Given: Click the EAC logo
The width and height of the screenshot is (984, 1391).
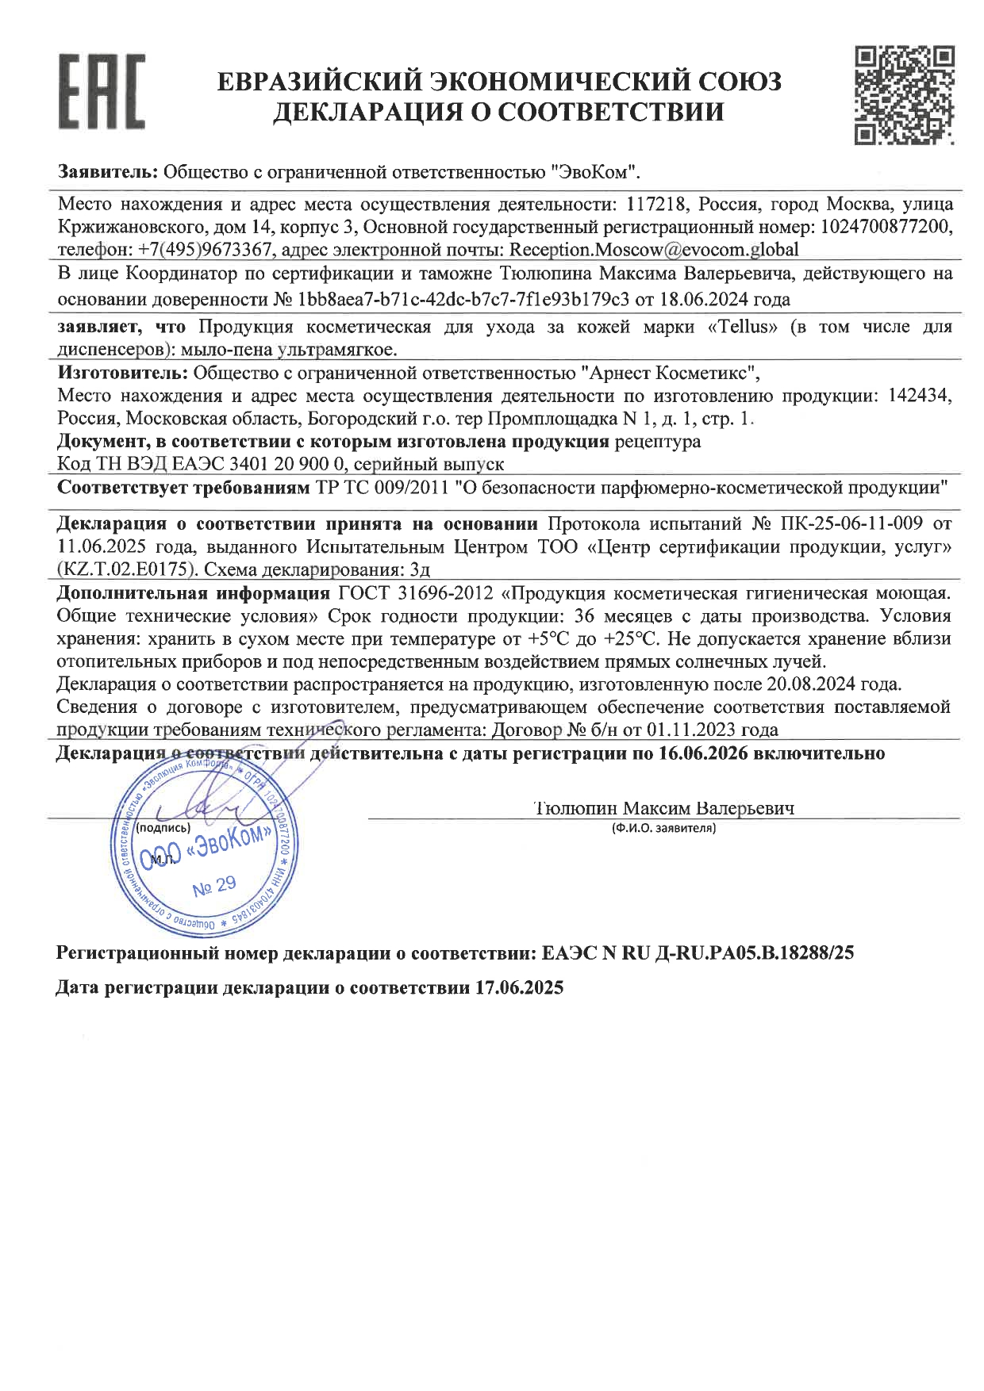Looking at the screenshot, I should tap(102, 92).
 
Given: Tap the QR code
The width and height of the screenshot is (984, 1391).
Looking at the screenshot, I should tap(904, 94).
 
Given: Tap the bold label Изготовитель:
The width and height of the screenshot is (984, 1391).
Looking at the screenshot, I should tap(123, 373).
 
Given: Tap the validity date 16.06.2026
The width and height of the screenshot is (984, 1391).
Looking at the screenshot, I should tap(703, 753).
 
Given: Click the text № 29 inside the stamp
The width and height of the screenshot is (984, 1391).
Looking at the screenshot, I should tap(214, 885).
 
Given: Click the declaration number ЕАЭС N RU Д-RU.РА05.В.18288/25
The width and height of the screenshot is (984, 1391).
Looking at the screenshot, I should tap(698, 954).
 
